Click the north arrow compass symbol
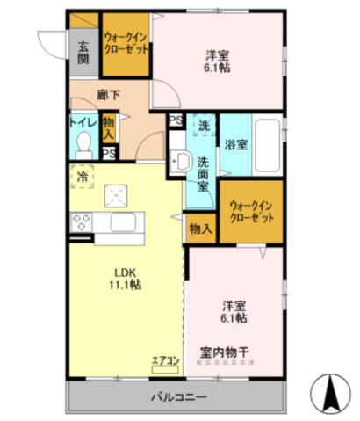330,394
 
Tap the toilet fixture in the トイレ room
84,145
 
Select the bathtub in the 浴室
267,145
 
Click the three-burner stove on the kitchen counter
81,222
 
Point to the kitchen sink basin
123,222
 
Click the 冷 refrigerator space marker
83,177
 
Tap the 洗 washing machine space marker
204,125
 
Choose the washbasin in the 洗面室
180,161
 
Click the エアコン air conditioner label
166,360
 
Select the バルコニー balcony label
179,397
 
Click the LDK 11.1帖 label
125,279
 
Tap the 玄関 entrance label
83,53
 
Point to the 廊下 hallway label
109,95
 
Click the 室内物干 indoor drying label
225,352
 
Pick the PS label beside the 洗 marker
176,120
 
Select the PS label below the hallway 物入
109,153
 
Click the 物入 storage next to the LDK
200,229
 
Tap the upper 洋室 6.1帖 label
217,62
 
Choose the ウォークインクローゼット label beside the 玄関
126,43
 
